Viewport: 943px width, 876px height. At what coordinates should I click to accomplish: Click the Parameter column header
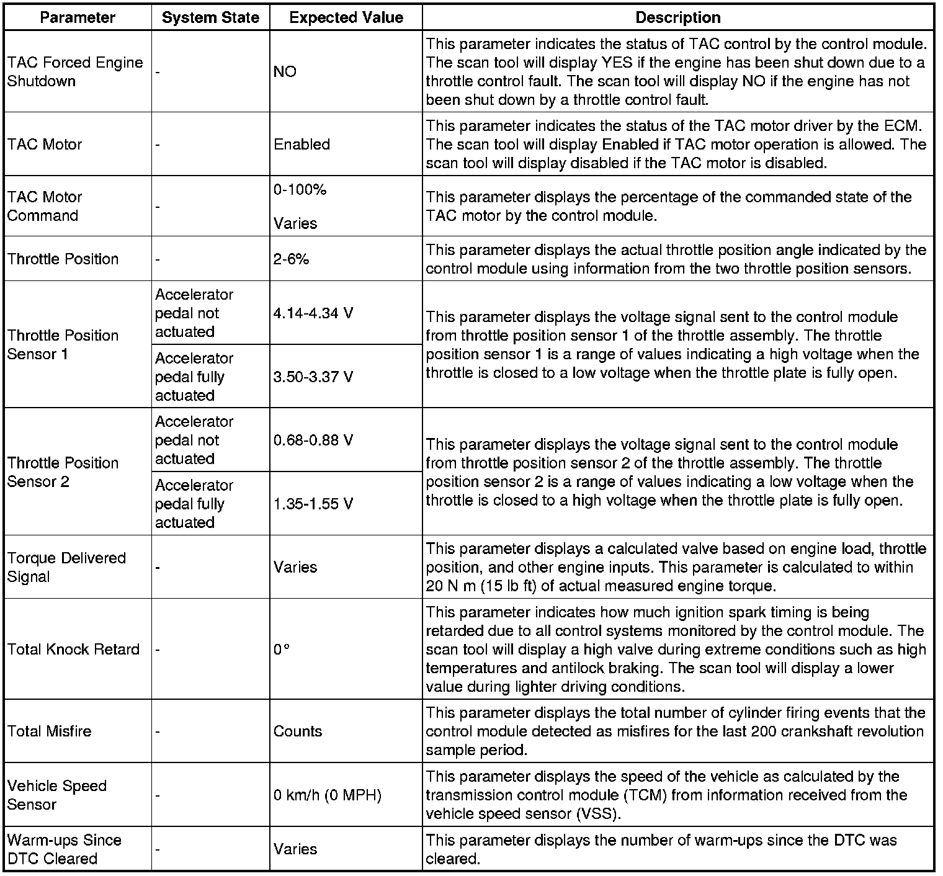(x=78, y=17)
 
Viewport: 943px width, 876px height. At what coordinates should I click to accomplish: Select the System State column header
(x=210, y=17)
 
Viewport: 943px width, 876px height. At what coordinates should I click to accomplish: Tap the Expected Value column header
(x=346, y=17)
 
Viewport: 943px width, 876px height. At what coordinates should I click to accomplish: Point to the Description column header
(x=678, y=17)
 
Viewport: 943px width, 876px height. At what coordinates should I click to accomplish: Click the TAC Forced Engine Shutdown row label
(x=74, y=72)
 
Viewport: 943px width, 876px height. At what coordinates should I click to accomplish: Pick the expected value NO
(x=285, y=72)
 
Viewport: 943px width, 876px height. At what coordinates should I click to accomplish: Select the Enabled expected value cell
(x=302, y=145)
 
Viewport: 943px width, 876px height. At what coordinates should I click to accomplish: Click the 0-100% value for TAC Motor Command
(x=300, y=190)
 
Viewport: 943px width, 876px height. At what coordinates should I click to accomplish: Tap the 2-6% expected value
(x=291, y=259)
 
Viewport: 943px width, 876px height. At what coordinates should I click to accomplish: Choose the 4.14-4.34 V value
(x=313, y=313)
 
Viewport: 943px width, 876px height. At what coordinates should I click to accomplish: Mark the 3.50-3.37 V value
(x=313, y=377)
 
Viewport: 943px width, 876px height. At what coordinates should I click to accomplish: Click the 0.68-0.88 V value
(x=313, y=440)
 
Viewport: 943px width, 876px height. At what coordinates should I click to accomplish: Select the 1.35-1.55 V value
(x=313, y=504)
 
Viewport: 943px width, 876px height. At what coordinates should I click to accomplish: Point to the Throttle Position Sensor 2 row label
(x=63, y=472)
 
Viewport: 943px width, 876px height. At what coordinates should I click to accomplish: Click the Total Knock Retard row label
(x=73, y=650)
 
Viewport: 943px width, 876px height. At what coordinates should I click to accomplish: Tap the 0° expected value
(x=281, y=650)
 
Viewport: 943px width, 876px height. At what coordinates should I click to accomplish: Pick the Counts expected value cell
(x=297, y=731)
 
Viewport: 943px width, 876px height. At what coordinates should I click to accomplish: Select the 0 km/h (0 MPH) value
(x=327, y=795)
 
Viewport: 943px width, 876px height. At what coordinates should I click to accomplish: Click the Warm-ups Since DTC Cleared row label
(x=64, y=849)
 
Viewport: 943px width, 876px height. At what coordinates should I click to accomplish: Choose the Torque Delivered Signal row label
(x=66, y=567)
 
